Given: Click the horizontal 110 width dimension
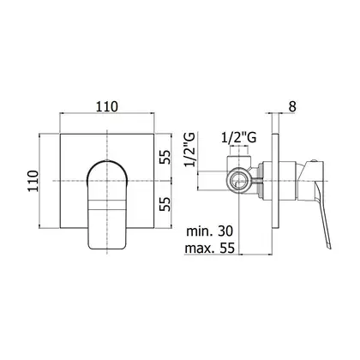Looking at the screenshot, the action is coord(106,106).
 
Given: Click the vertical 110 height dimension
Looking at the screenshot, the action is coord(33,181).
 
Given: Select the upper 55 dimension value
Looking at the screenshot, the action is coord(165,157).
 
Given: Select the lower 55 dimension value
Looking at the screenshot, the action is coord(165,204).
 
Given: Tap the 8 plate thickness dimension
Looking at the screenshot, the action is coord(292,106).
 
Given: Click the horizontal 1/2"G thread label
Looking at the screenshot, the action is coord(239,138).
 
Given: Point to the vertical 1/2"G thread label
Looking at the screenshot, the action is coord(189,149).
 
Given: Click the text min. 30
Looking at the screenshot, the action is coord(210,231).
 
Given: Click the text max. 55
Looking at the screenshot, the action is coord(210,248).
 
